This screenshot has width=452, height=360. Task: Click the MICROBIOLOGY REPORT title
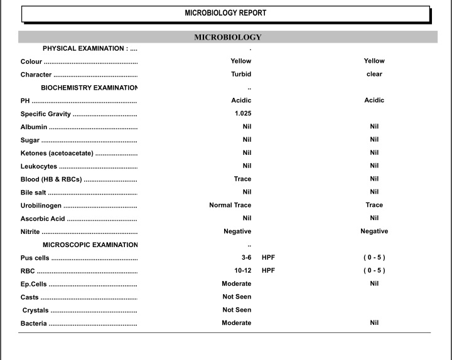pos(225,13)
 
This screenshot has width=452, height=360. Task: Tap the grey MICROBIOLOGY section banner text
pos(227,37)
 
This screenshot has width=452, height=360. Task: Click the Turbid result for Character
pos(241,74)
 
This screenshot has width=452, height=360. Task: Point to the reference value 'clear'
pos(374,74)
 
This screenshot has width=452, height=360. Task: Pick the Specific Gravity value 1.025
pos(243,114)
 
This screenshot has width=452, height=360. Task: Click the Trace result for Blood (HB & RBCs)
pos(242,179)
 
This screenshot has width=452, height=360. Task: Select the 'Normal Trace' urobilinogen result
pos(230,205)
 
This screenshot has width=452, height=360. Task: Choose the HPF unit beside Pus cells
pos(268,258)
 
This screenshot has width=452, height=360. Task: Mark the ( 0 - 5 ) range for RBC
pos(374,270)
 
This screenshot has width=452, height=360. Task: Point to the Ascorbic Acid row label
pos(43,218)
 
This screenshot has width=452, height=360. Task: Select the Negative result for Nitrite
pos(237,231)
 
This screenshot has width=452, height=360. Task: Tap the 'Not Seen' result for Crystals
pos(237,310)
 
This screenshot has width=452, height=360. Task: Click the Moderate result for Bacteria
pos(236,323)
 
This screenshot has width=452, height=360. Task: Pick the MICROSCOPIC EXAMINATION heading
pos(90,245)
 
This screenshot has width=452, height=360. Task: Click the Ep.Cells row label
pos(34,284)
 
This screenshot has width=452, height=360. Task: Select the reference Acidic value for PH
pos(374,100)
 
